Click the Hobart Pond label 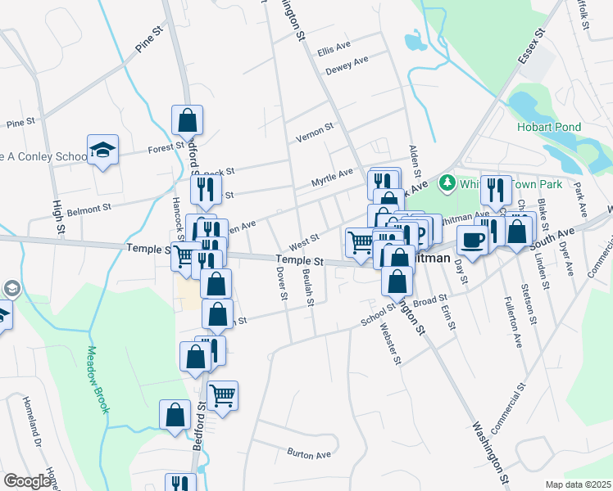click(x=548, y=127)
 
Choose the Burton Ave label click(x=308, y=453)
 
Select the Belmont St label click(x=88, y=209)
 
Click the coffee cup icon click(x=471, y=239)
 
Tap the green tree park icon click(x=447, y=181)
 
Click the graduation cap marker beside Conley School click(x=103, y=150)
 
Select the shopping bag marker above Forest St click(x=188, y=119)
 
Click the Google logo click(x=27, y=481)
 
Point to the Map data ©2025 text click(x=578, y=484)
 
